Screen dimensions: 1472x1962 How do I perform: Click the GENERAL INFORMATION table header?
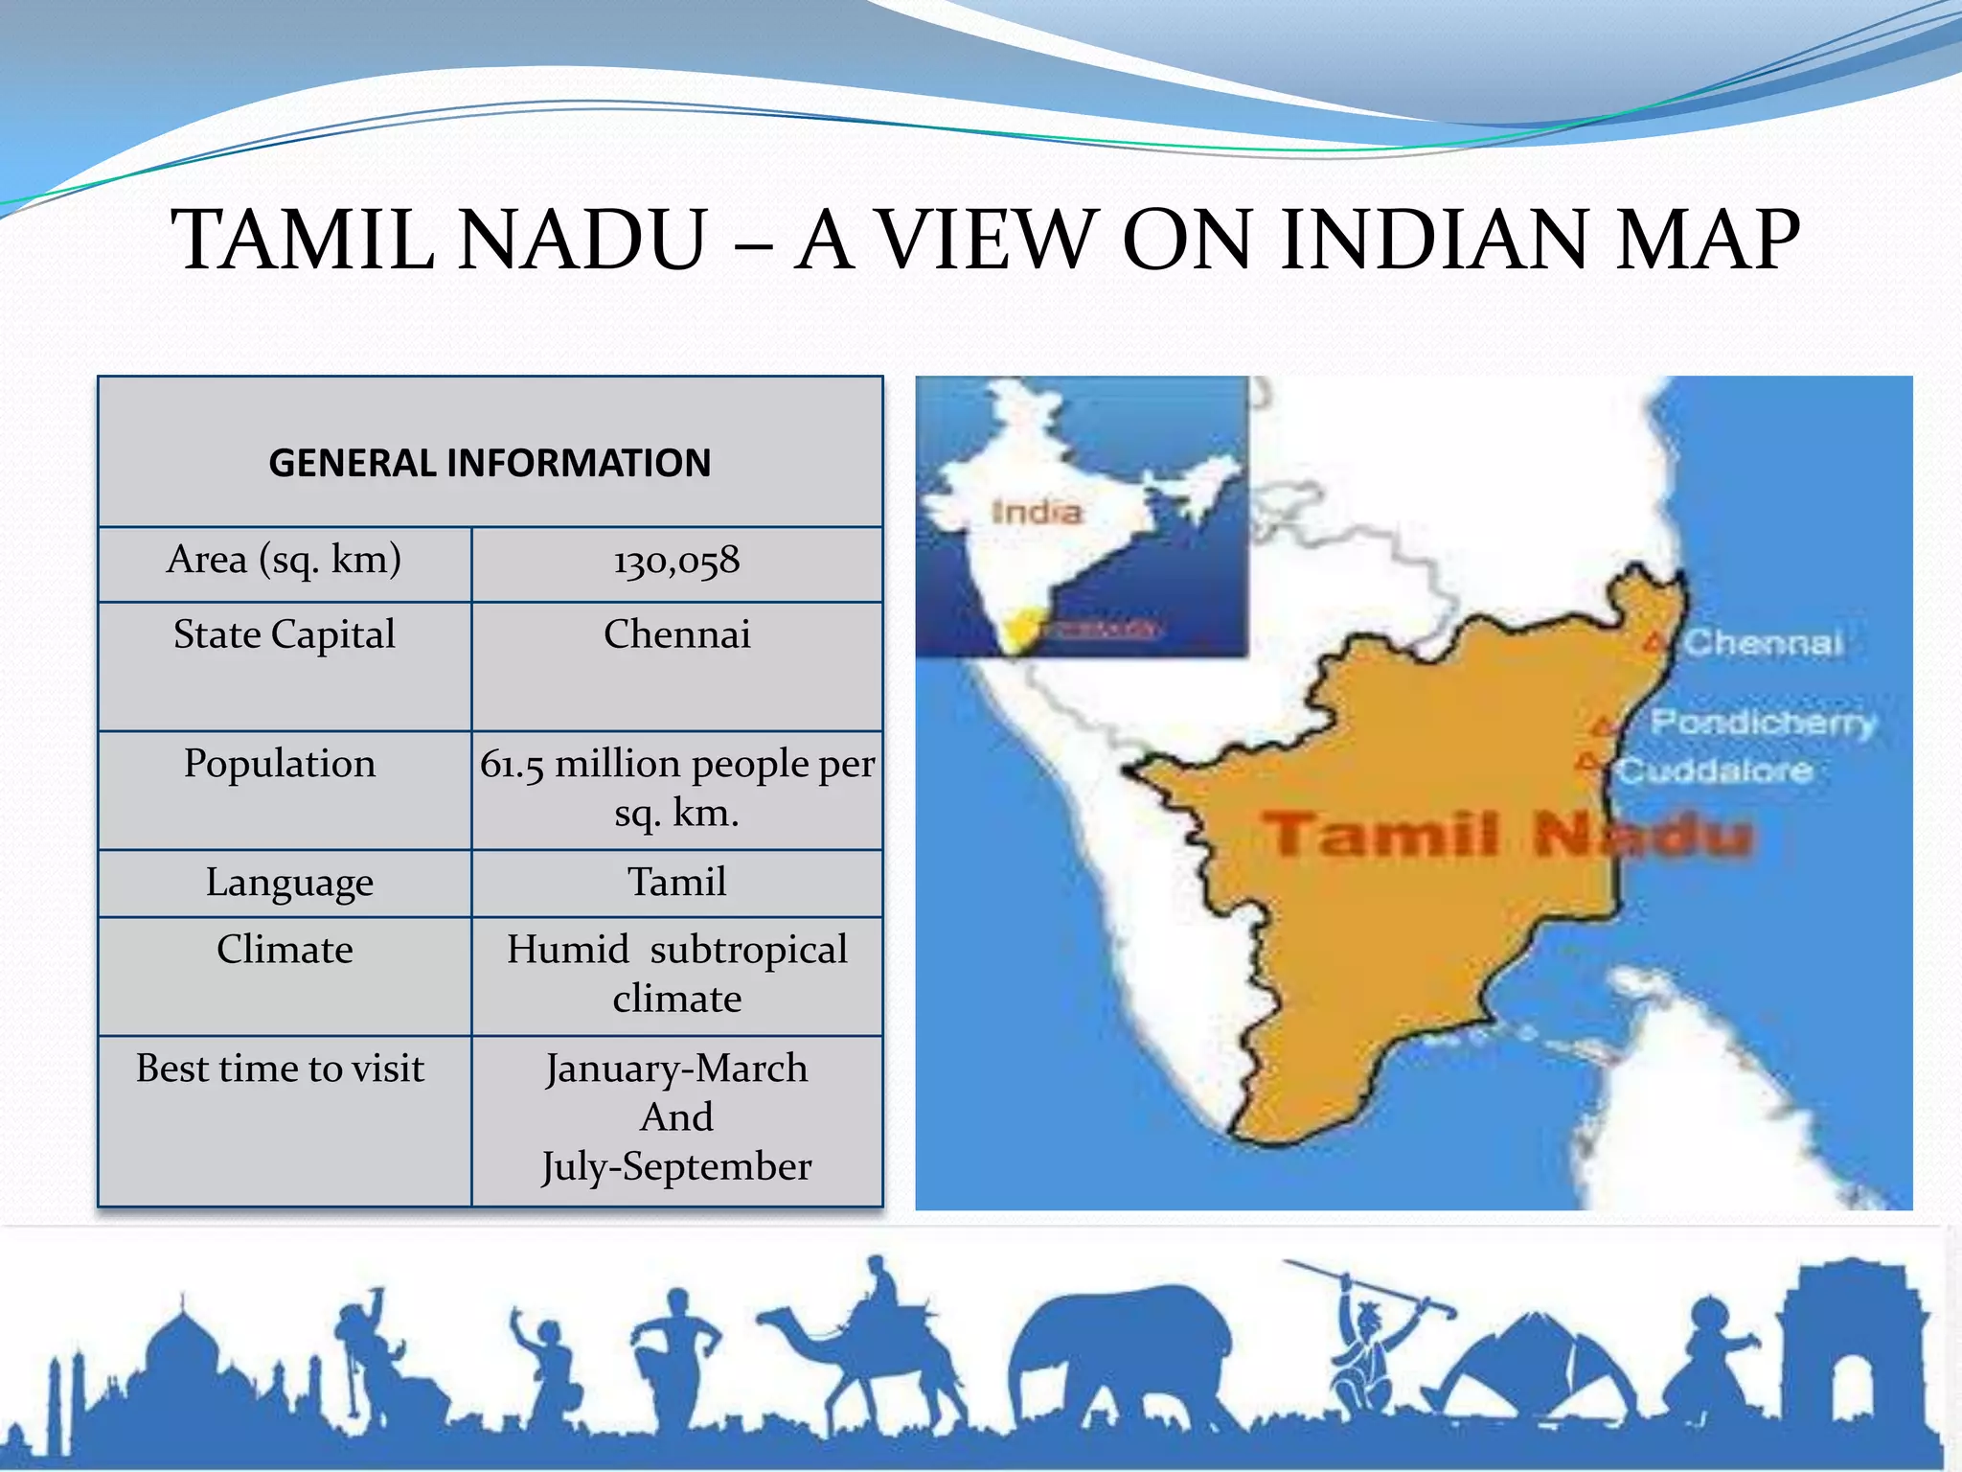(490, 463)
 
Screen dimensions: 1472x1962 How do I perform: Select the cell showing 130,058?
(676, 561)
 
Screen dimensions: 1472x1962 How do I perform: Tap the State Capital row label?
(285, 635)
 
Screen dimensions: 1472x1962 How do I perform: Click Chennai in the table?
(676, 635)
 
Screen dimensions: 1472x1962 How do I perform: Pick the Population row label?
(280, 764)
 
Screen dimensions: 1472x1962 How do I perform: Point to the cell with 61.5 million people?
(676, 788)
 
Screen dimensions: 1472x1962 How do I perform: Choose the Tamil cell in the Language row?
(676, 883)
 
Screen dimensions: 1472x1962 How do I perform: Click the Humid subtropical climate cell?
(676, 974)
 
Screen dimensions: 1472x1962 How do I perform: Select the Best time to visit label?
(280, 1069)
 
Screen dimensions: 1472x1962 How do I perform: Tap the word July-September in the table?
(676, 1167)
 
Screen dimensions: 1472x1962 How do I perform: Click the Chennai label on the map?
(1763, 643)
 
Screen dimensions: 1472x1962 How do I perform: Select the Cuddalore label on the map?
(1715, 770)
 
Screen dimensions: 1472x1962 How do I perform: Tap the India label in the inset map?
(1037, 512)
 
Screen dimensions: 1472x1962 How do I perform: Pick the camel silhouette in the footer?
(862, 1351)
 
